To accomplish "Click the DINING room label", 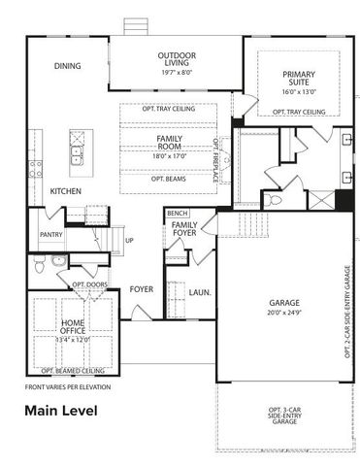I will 67,67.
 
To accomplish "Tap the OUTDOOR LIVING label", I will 177,60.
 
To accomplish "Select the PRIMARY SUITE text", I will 298,80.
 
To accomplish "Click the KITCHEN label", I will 65,191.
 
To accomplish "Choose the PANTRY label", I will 51,235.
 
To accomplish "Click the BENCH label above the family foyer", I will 177,213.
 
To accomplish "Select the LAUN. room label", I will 201,291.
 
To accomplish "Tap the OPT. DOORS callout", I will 88,284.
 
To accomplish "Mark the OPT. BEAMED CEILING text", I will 73,370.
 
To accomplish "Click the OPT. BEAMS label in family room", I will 170,180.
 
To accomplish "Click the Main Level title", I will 61,411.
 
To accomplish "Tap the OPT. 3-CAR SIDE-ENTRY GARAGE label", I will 283,416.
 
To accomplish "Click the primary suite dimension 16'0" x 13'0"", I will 298,91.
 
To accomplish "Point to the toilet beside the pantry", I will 58,261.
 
